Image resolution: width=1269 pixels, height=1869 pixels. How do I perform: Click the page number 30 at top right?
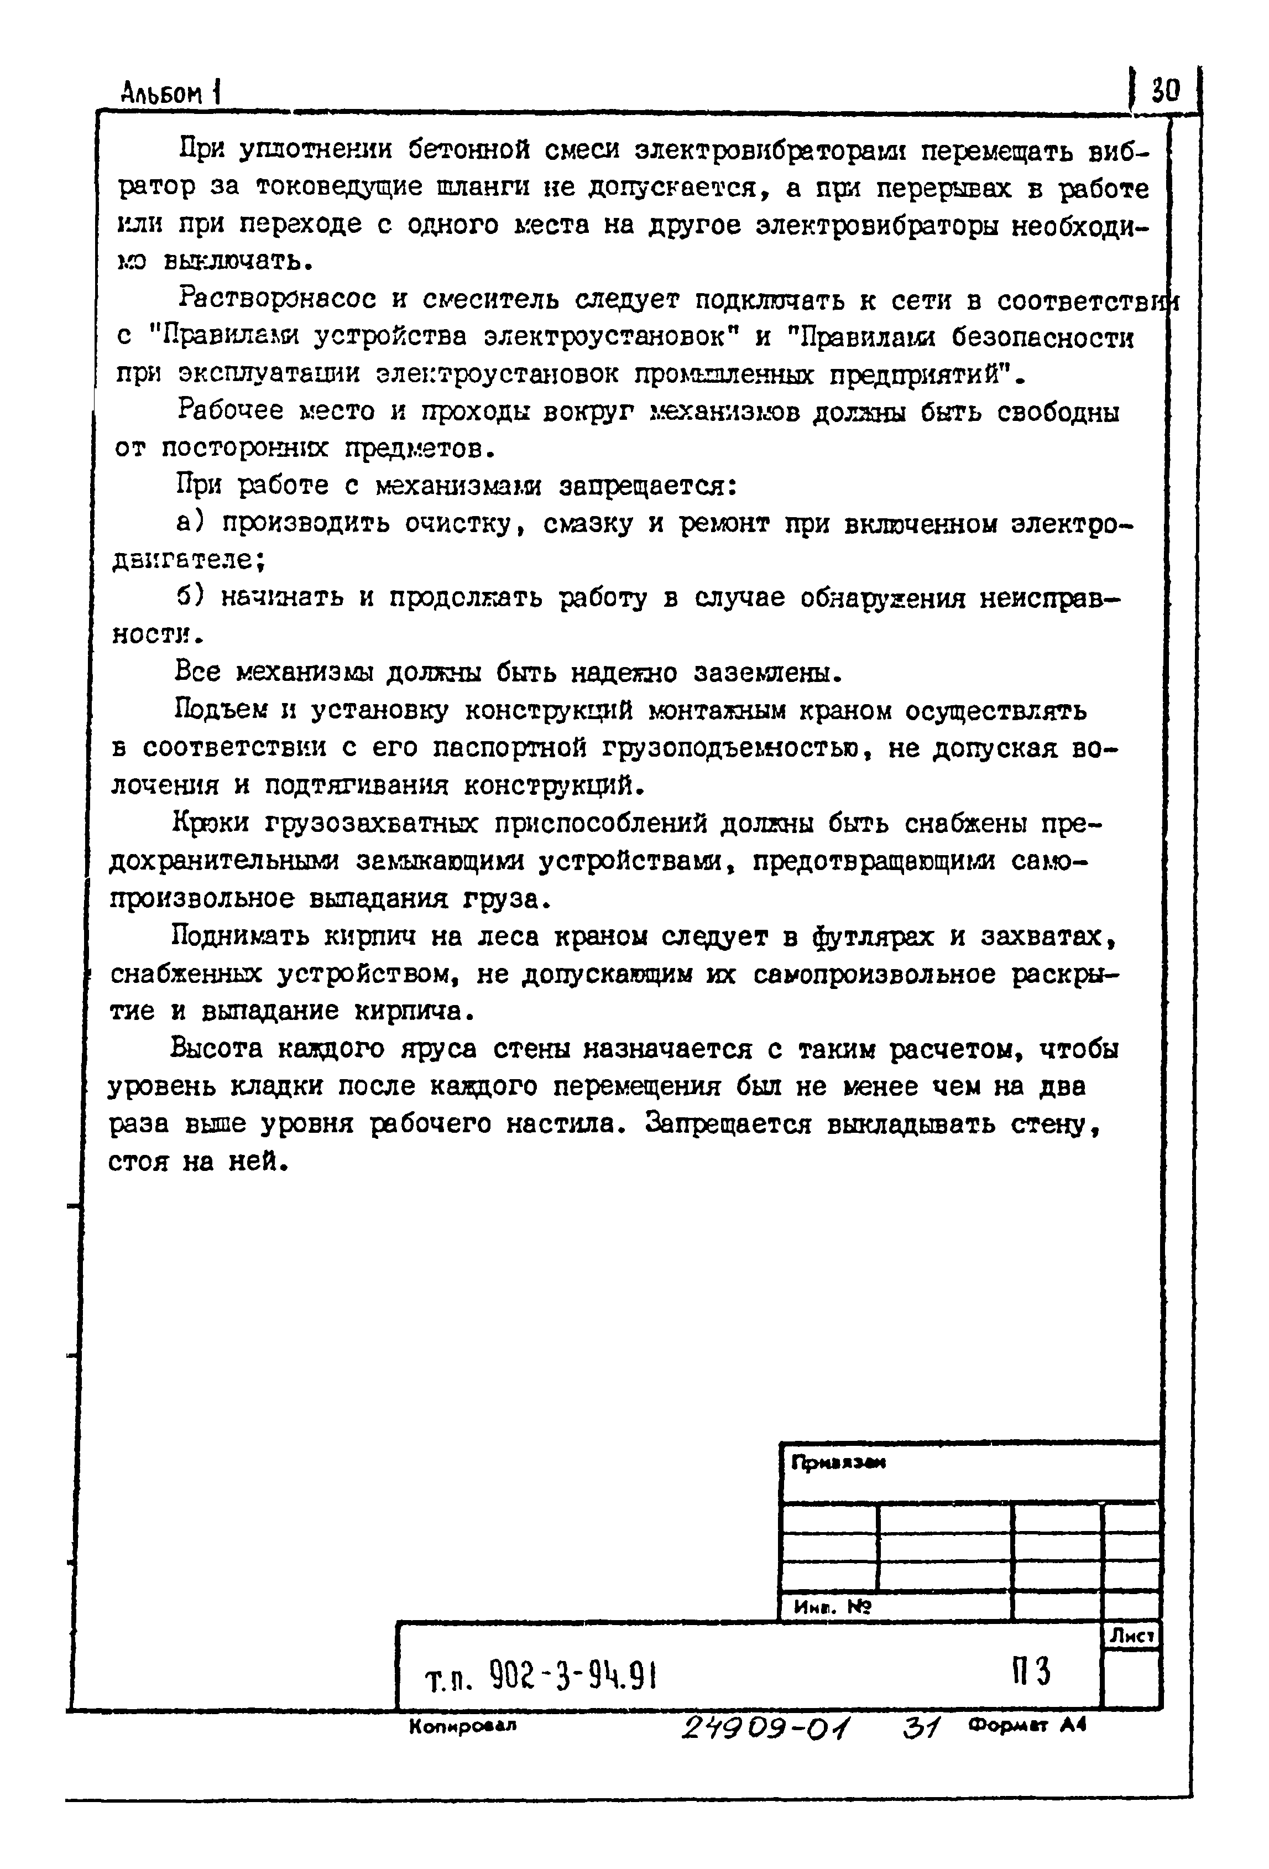click(1165, 89)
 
